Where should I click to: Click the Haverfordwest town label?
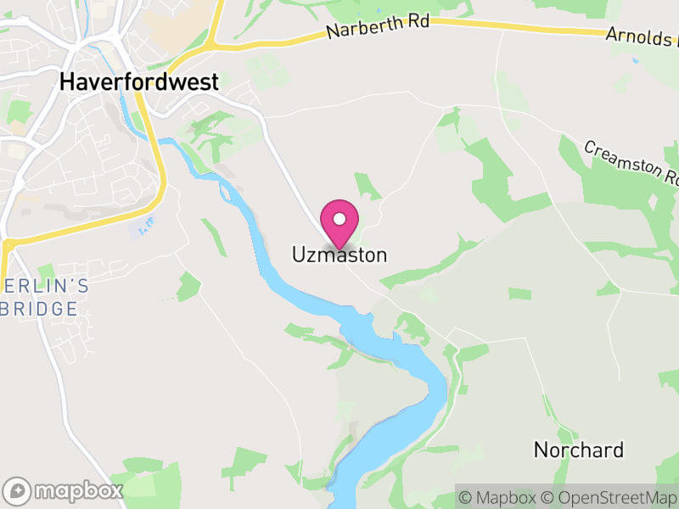(x=139, y=82)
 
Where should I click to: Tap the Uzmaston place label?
(x=339, y=255)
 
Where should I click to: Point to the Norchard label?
(x=579, y=450)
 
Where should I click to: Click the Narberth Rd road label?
(x=379, y=28)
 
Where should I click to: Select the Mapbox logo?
(x=64, y=490)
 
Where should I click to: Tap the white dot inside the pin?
(x=339, y=218)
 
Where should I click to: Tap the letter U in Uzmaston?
(x=299, y=255)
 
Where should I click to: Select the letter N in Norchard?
(x=541, y=450)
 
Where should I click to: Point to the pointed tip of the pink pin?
(x=339, y=248)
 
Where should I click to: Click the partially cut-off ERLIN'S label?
(x=44, y=286)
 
